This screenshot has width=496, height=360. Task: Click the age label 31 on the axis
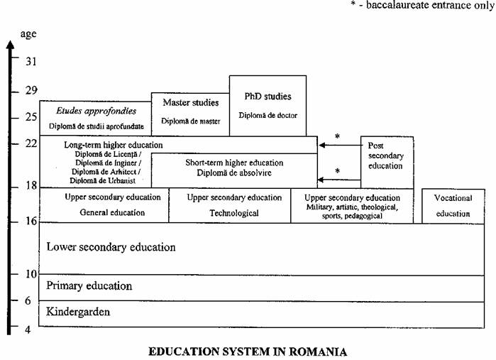click(31, 61)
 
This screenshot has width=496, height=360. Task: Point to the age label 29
click(31, 92)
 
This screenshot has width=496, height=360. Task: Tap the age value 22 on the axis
click(31, 143)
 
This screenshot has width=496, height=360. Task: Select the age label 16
click(31, 222)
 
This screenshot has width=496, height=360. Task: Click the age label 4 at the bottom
click(28, 329)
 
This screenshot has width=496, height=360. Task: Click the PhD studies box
click(268, 105)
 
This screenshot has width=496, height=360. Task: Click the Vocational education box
click(453, 206)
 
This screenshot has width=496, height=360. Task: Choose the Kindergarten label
click(79, 312)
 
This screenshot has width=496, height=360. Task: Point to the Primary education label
click(89, 286)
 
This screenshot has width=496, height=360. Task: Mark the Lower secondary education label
click(111, 247)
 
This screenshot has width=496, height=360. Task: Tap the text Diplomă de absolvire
click(234, 173)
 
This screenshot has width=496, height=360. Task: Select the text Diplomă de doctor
click(268, 116)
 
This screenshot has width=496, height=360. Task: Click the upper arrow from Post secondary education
click(339, 145)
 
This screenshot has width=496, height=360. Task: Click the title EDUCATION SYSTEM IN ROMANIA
click(248, 351)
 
